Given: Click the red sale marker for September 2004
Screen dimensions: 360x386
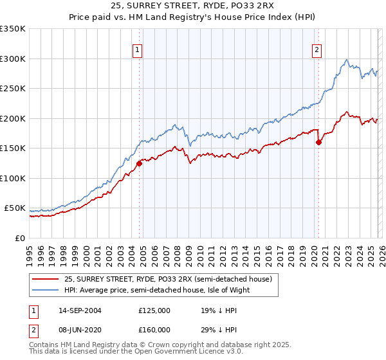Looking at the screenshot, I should pyautogui.click(x=139, y=163).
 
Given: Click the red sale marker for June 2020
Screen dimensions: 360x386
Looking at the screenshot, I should pyautogui.click(x=318, y=143).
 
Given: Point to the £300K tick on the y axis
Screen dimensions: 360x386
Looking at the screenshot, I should pyautogui.click(x=13, y=59).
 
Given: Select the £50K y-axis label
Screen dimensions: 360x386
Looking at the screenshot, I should pyautogui.click(x=15, y=208).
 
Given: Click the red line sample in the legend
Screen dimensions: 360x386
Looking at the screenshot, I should pyautogui.click(x=45, y=280).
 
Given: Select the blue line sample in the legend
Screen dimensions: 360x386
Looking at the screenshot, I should pyautogui.click(x=45, y=290).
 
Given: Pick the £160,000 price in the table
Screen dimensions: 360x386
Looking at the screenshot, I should pyautogui.click(x=154, y=330).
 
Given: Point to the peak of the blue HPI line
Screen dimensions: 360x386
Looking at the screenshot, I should pyautogui.click(x=347, y=60).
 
